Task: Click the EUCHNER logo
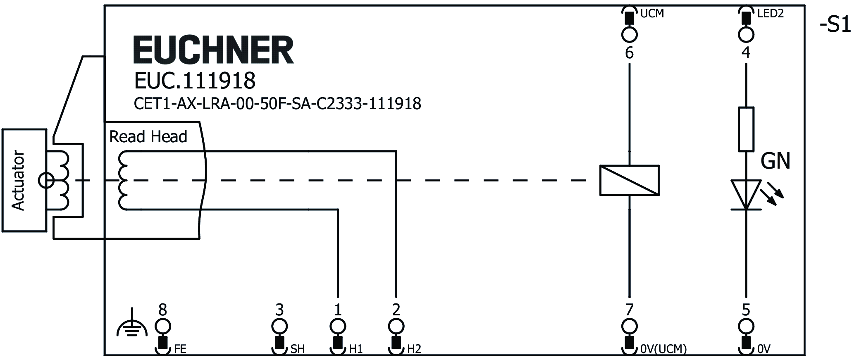(213, 50)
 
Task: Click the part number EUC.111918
(195, 81)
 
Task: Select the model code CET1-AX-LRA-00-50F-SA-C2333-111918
(277, 103)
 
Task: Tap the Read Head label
(148, 136)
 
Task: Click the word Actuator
(19, 181)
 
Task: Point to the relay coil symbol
(629, 180)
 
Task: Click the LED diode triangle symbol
(746, 194)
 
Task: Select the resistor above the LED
(746, 129)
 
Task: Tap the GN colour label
(775, 161)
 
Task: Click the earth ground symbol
(131, 325)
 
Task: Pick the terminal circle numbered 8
(163, 326)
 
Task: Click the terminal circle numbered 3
(279, 326)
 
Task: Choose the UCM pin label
(652, 14)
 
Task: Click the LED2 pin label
(771, 14)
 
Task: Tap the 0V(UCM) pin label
(663, 349)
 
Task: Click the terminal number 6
(629, 53)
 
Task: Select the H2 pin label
(414, 349)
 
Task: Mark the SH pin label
(298, 349)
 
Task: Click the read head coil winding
(124, 181)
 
